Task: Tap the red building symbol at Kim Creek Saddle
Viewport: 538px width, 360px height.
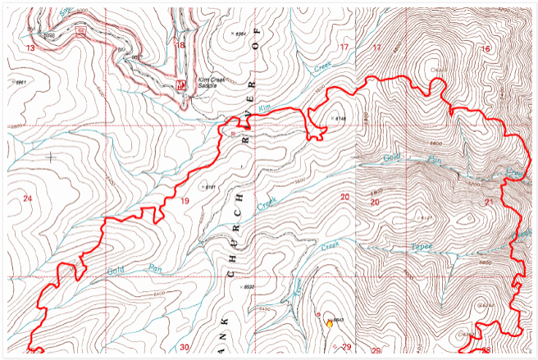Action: point(181,84)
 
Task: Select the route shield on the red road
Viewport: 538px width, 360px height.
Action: point(80,31)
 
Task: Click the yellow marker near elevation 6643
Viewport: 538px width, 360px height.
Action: point(330,324)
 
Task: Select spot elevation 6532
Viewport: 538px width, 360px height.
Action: point(249,287)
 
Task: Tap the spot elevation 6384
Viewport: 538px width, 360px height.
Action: point(240,34)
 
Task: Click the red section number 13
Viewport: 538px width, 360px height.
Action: point(30,49)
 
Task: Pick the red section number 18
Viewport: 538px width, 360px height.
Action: point(180,45)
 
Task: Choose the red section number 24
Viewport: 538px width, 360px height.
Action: point(28,199)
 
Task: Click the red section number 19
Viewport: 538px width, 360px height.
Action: point(184,201)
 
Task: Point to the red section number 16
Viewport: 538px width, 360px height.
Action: point(486,49)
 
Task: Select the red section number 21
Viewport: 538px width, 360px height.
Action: point(490,202)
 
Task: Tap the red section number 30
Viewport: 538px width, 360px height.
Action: point(185,347)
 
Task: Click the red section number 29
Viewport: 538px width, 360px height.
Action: point(345,348)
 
